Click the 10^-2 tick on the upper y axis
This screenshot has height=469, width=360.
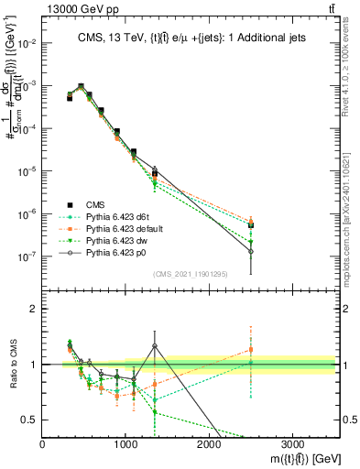click(27, 43)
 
